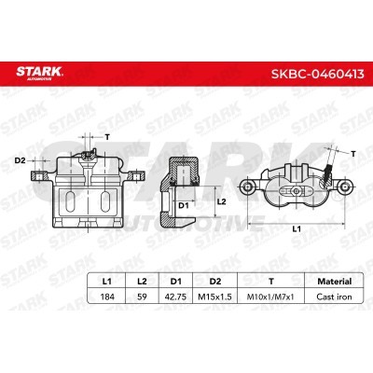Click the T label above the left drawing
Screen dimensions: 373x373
106,136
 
